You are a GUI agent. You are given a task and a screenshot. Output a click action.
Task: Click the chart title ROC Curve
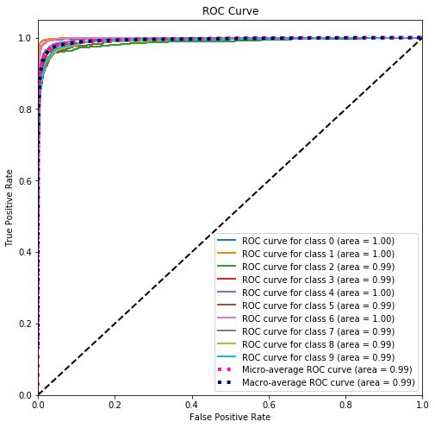click(x=229, y=12)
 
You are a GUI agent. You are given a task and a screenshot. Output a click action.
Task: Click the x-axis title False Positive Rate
click(x=229, y=418)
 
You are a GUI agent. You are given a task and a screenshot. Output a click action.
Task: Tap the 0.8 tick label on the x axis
click(x=345, y=404)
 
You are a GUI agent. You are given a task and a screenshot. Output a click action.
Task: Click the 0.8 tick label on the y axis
click(x=26, y=110)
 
